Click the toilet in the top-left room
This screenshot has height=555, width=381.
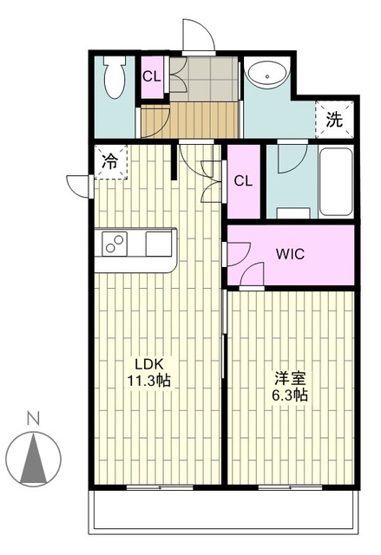113,80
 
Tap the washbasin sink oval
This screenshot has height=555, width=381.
266,75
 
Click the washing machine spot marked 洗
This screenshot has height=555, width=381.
334,121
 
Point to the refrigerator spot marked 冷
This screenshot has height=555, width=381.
110,160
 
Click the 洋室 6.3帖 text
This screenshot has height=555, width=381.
289,386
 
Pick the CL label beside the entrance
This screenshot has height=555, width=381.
152,76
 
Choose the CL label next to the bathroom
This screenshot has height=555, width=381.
244,181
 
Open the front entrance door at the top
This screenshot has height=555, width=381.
199,36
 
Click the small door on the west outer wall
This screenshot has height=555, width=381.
78,185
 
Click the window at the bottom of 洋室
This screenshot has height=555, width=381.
290,486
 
